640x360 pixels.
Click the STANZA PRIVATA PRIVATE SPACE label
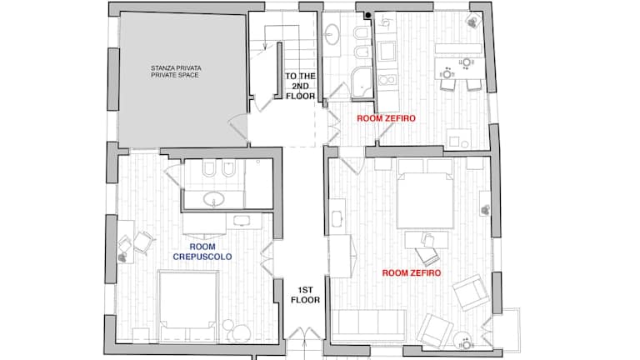tap(176, 72)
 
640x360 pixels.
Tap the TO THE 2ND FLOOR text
tap(300, 86)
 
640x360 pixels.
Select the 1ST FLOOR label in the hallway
tap(305, 295)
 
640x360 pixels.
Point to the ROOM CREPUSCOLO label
tap(202, 252)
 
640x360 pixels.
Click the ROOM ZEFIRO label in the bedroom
tap(412, 273)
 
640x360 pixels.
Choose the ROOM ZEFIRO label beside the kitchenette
tap(386, 118)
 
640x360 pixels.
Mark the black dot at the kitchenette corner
tap(368, 16)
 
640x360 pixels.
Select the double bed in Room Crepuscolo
tap(188, 306)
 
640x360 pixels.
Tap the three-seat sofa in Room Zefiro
tap(368, 325)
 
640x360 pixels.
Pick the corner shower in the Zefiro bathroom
tap(362, 82)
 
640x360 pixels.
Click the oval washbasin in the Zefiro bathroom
tap(332, 34)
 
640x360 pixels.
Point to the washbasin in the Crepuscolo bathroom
tap(213, 200)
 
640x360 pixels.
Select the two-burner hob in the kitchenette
tap(387, 80)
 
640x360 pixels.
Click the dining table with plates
tap(460, 68)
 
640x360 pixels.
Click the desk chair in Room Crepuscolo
tap(142, 242)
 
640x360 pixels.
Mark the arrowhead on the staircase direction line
tap(265, 47)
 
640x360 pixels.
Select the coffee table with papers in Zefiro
tap(426, 240)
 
